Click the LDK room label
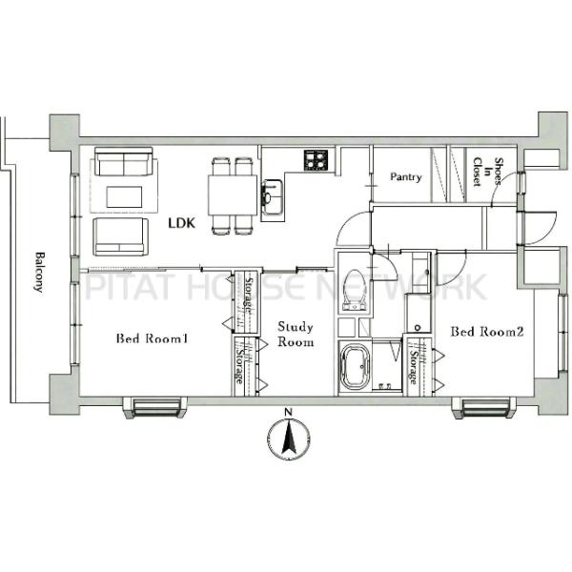click(x=182, y=223)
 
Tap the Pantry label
click(x=406, y=177)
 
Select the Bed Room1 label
click(x=152, y=338)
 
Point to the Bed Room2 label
click(x=487, y=332)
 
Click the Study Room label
click(x=296, y=335)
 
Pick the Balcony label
click(x=39, y=272)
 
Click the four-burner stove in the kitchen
click(x=316, y=160)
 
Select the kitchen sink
click(x=272, y=199)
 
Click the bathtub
click(x=355, y=368)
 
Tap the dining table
click(x=233, y=194)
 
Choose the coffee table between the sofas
click(x=124, y=197)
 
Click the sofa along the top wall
click(x=123, y=162)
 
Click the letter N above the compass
click(x=289, y=413)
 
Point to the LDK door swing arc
click(x=349, y=228)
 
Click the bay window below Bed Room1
click(x=156, y=407)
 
